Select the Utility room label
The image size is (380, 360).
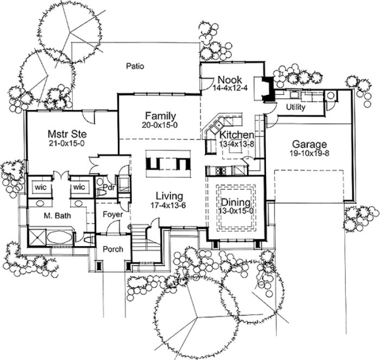point(295,107)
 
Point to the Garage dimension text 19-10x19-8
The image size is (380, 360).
point(309,154)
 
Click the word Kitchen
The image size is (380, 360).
point(236,134)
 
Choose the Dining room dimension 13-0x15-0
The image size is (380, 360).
point(236,210)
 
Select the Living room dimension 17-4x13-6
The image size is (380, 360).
point(169,205)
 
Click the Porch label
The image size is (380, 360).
point(113,249)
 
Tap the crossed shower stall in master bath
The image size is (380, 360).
point(36,236)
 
